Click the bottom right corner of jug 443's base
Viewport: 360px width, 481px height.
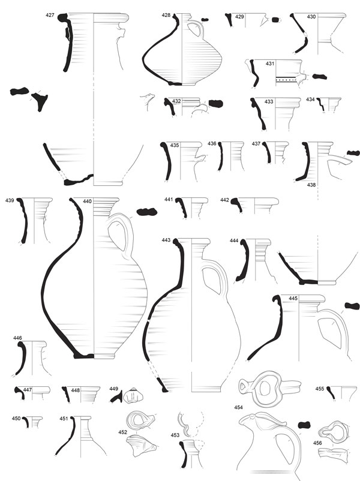pyautogui.click(x=221, y=392)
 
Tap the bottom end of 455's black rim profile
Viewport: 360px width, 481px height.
pyautogui.click(x=335, y=400)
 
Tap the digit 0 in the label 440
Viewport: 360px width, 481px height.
pyautogui.click(x=90, y=202)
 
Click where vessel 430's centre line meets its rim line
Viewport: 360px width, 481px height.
pyautogui.click(x=317, y=14)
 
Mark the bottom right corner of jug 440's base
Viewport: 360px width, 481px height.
pyautogui.click(x=115, y=358)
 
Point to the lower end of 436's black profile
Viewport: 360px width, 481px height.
pyautogui.click(x=219, y=169)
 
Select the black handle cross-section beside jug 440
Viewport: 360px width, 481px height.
pyautogui.click(x=147, y=212)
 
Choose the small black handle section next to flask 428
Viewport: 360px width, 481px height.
pyautogui.click(x=205, y=20)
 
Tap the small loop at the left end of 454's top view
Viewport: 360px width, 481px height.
pyautogui.click(x=244, y=385)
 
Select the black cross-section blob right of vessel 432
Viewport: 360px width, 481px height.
pyautogui.click(x=216, y=104)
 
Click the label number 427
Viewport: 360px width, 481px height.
pyautogui.click(x=50, y=15)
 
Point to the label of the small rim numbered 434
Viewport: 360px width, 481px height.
pyautogui.click(x=310, y=100)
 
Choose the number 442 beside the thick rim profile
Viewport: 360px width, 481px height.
pyautogui.click(x=224, y=200)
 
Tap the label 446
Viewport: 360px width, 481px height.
pyautogui.click(x=17, y=338)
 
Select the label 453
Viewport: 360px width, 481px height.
pyautogui.click(x=175, y=435)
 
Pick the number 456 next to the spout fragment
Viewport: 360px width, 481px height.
pyautogui.click(x=317, y=443)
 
